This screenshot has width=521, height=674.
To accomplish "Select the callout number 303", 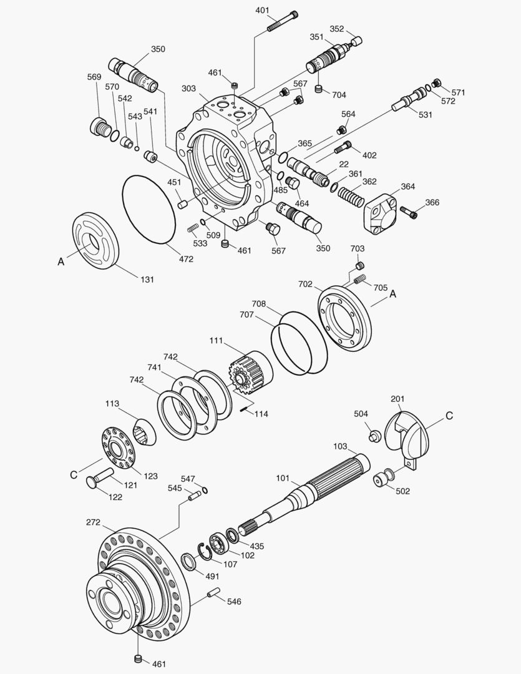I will point(189,89).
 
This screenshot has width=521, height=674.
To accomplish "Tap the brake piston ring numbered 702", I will point(345,320).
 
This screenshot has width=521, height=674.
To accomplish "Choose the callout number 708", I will point(259,304).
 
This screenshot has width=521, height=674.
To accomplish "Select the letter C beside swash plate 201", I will point(449,414).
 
